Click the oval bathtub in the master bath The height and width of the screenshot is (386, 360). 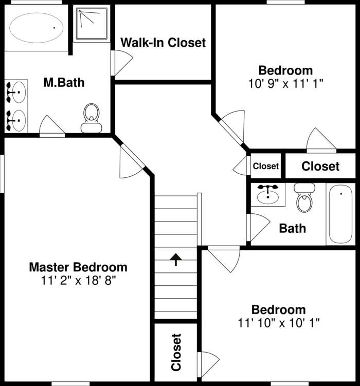(x=36, y=27)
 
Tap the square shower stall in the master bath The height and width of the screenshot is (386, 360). (x=92, y=23)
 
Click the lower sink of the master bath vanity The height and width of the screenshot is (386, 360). (x=16, y=119)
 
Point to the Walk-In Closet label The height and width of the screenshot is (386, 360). (x=163, y=42)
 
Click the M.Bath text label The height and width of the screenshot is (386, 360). (x=64, y=82)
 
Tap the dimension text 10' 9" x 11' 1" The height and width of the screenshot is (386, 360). (x=285, y=82)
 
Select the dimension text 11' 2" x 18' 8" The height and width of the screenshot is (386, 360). (x=78, y=280)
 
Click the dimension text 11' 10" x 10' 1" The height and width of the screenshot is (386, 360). (x=278, y=323)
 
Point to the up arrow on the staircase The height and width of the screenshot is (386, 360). (x=176, y=259)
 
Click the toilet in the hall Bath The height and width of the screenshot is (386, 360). (x=304, y=198)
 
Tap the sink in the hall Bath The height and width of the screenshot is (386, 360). (x=267, y=194)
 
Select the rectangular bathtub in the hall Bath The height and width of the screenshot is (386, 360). (x=340, y=214)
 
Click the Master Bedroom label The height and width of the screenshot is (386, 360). (x=78, y=267)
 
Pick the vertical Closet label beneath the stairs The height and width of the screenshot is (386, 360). (x=176, y=352)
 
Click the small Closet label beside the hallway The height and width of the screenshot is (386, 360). (x=266, y=166)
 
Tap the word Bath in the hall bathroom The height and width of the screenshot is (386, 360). (x=292, y=228)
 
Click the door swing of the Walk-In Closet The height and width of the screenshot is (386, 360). (x=121, y=63)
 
